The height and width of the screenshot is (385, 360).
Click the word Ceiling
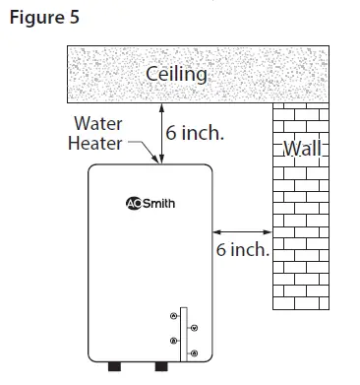[x=178, y=75]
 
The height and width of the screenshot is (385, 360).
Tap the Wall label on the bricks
[x=301, y=150]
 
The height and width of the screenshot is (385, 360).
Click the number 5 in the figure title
[x=74, y=18]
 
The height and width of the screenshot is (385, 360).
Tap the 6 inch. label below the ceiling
[x=197, y=133]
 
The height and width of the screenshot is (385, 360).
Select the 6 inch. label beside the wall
[x=243, y=249]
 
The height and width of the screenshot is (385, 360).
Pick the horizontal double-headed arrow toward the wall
[x=240, y=232]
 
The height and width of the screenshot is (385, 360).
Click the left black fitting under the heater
[x=114, y=368]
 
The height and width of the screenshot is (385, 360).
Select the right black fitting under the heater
[x=162, y=368]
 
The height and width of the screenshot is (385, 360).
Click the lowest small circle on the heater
[x=193, y=353]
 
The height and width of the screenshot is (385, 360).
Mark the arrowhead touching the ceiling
[x=161, y=106]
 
